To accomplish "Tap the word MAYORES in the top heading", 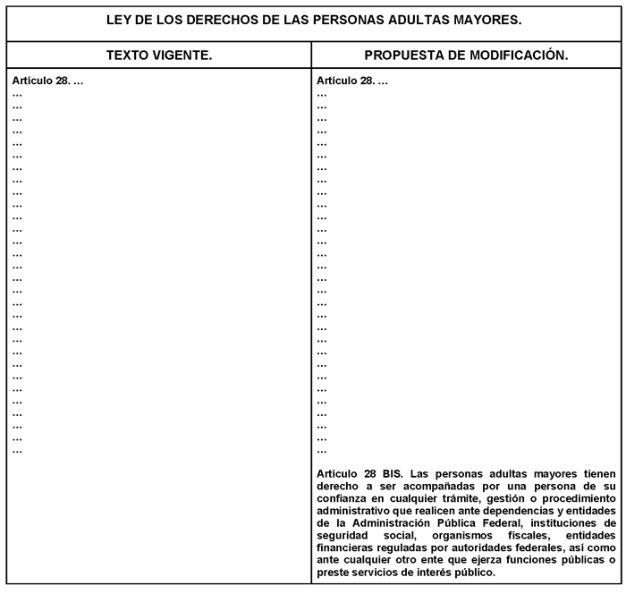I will point(486,19).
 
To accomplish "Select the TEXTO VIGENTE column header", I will point(158,55).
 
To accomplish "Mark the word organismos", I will point(454,536).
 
